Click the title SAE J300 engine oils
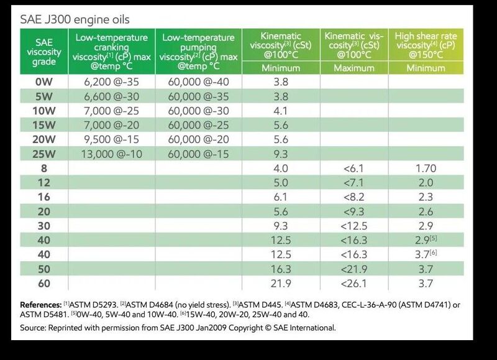pyautogui.click(x=75, y=20)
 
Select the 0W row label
pyautogui.click(x=43, y=82)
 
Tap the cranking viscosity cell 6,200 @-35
pyautogui.click(x=111, y=82)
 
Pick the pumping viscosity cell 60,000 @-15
pyautogui.click(x=198, y=154)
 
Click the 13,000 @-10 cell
pyautogui.click(x=111, y=154)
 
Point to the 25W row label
pyautogui.click(x=43, y=154)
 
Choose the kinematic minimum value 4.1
pyautogui.click(x=281, y=111)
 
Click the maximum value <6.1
pyautogui.click(x=353, y=168)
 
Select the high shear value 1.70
pyautogui.click(x=426, y=168)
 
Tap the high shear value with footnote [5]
pyautogui.click(x=426, y=240)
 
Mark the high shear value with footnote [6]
pyautogui.click(x=426, y=254)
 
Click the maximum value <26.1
pyautogui.click(x=353, y=284)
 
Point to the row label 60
pyautogui.click(x=43, y=284)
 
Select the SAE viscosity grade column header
pyautogui.click(x=43, y=52)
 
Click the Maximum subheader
pyautogui.click(x=353, y=68)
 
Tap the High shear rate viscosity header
pyautogui.click(x=426, y=45)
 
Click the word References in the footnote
pyautogui.click(x=40, y=305)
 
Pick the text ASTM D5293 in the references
pyautogui.click(x=94, y=305)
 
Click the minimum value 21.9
pyautogui.click(x=281, y=284)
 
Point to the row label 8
pyautogui.click(x=43, y=168)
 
